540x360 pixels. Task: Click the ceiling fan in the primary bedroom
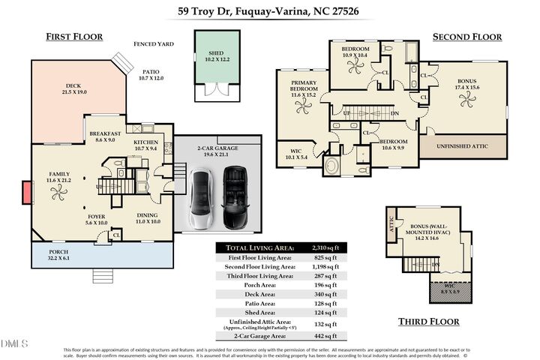[x=303, y=107]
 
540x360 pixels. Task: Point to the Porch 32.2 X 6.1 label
[x=58, y=254]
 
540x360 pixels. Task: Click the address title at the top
[x=269, y=10]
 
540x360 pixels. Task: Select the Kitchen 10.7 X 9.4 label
[x=145, y=145]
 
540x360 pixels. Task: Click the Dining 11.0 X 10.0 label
[x=148, y=218]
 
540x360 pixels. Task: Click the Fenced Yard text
[x=154, y=44]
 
